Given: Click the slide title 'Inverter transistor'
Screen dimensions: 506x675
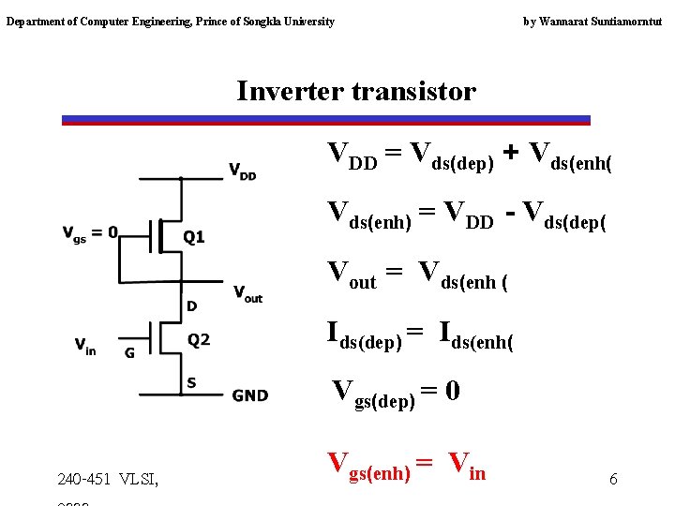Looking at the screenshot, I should click(x=356, y=92).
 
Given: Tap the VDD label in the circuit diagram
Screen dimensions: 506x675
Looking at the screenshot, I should click(x=242, y=171).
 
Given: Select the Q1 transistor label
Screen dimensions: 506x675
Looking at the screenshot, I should click(x=193, y=236).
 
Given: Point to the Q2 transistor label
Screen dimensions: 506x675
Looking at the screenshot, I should click(x=198, y=339).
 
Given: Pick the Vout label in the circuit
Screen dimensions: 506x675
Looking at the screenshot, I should click(x=247, y=293).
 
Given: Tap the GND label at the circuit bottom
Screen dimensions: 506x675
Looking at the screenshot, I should click(x=250, y=395).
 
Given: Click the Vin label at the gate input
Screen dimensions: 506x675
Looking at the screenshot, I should click(x=85, y=346).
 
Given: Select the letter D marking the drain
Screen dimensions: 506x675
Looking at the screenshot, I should click(x=192, y=305).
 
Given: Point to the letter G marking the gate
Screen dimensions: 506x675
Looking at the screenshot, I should click(x=129, y=353).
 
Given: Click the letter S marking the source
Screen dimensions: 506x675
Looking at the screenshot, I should click(x=191, y=382).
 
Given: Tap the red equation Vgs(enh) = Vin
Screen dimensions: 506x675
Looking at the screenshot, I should click(x=406, y=465).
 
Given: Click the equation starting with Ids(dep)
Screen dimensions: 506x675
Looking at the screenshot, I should click(x=419, y=334).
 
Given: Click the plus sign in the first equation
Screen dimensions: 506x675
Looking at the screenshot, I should click(x=511, y=153).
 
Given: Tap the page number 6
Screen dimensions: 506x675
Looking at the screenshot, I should click(x=613, y=480).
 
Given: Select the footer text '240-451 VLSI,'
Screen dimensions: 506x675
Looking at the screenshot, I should click(x=108, y=480).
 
